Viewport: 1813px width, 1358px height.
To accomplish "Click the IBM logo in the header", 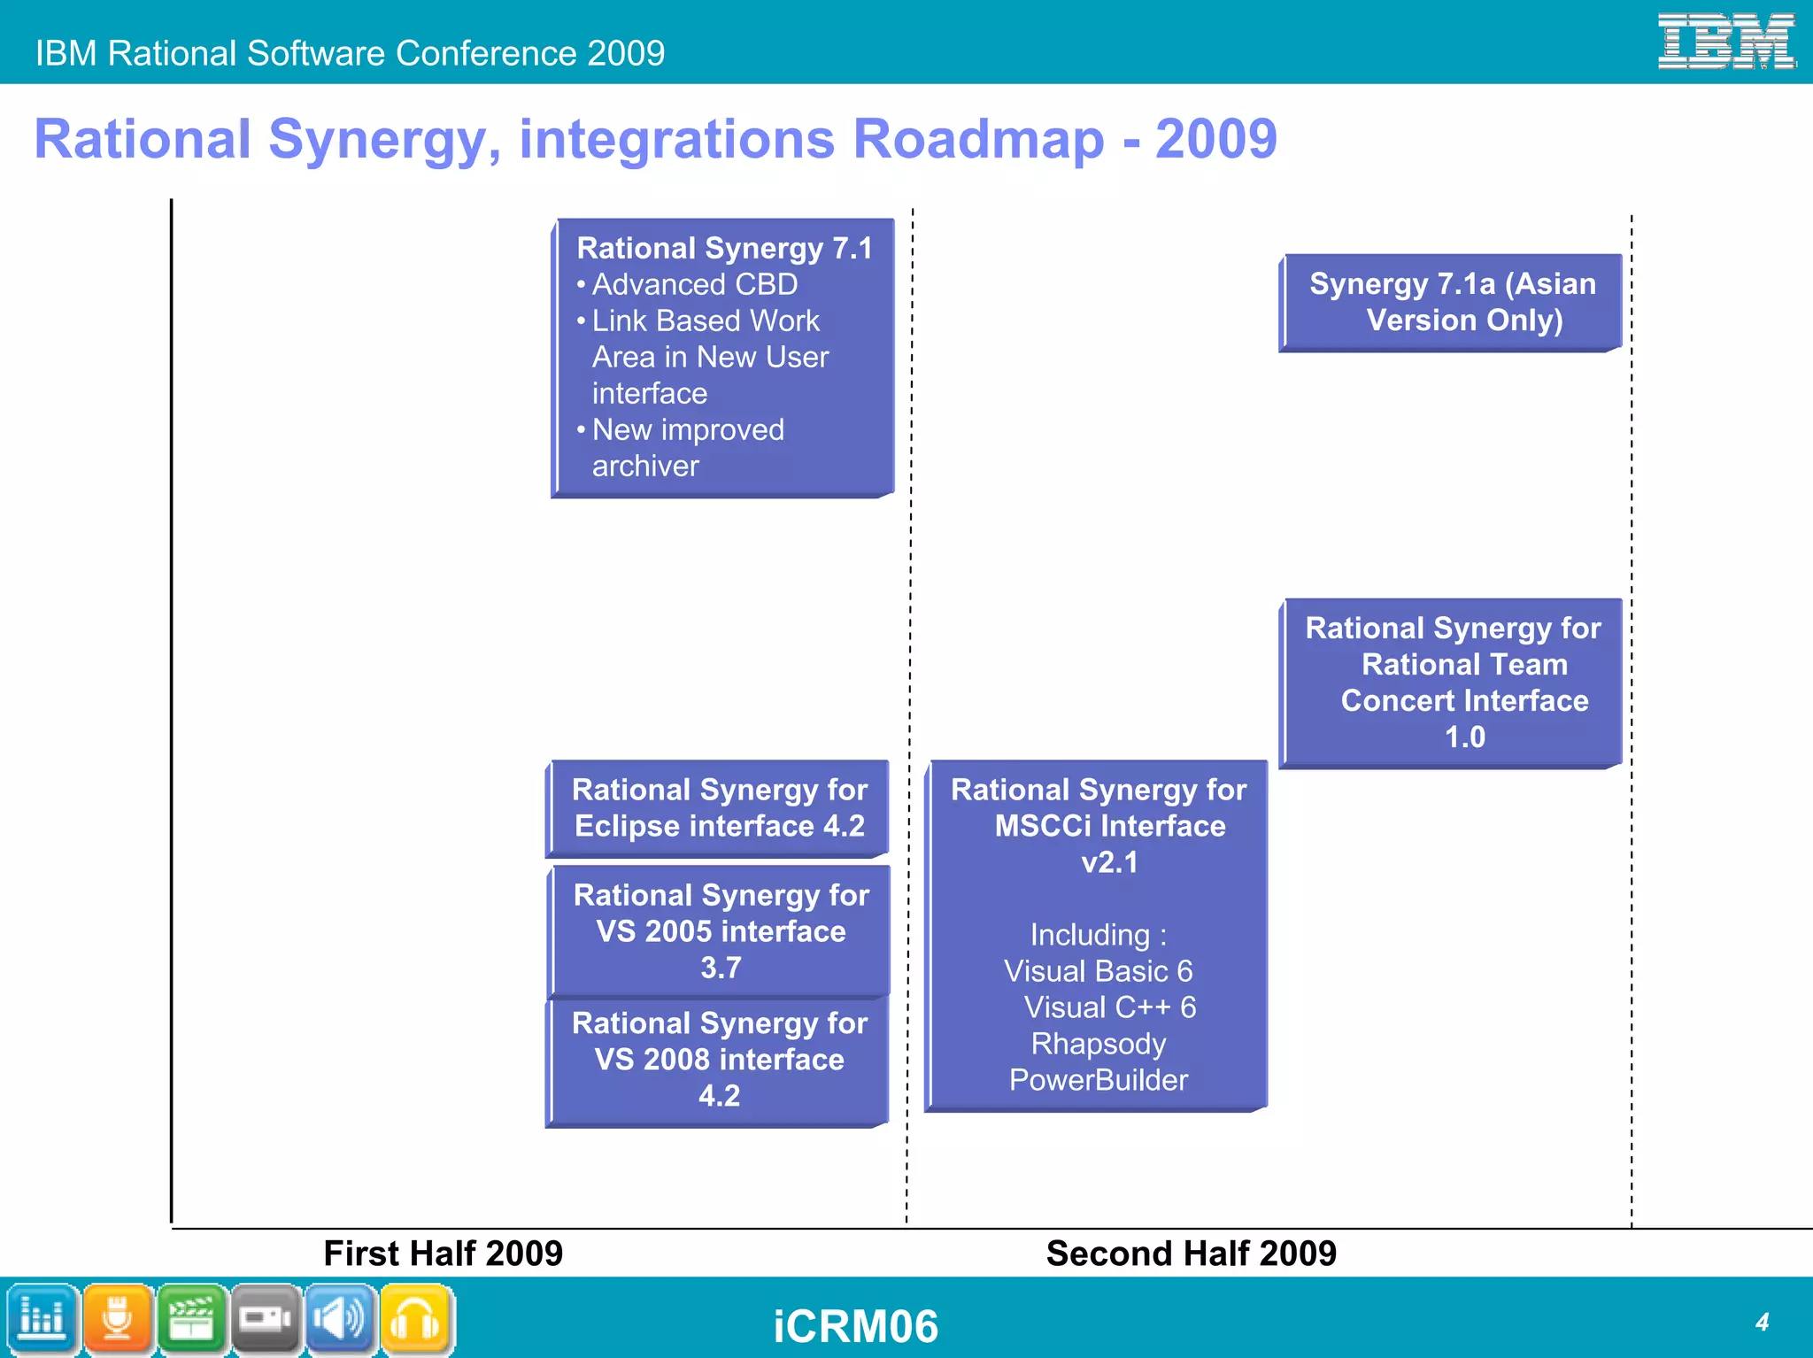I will [x=1725, y=41].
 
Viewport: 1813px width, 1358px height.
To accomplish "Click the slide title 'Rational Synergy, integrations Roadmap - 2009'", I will [x=655, y=140].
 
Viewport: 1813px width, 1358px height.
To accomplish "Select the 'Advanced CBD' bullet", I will [x=694, y=284].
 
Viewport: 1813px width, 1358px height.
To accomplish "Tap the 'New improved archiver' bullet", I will [x=687, y=447].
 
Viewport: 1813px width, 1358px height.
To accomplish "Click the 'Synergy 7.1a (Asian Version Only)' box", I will [x=1452, y=302].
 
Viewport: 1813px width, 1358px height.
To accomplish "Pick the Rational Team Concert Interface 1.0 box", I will [x=1452, y=683].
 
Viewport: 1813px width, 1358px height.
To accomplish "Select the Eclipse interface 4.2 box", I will [x=719, y=807].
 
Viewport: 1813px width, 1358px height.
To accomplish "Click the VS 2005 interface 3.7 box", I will [x=721, y=930].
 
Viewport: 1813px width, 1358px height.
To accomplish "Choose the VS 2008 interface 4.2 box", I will [x=719, y=1059].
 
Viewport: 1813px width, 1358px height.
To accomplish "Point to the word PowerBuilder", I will [x=1098, y=1080].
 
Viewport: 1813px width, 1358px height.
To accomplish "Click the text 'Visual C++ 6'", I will [x=1109, y=1007].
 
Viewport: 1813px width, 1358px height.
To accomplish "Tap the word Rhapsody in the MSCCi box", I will [x=1098, y=1044].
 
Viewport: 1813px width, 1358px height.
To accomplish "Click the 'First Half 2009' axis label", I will [x=443, y=1254].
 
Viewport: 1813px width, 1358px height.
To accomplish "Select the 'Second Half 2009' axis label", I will [x=1191, y=1254].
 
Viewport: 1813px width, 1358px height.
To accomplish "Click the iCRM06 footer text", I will [x=855, y=1326].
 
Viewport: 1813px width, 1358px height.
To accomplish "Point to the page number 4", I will [x=1762, y=1322].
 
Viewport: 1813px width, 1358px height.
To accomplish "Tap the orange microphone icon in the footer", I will [x=118, y=1319].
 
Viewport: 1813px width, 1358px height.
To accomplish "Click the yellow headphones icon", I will [x=416, y=1319].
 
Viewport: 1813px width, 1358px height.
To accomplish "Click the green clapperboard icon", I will [x=192, y=1319].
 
